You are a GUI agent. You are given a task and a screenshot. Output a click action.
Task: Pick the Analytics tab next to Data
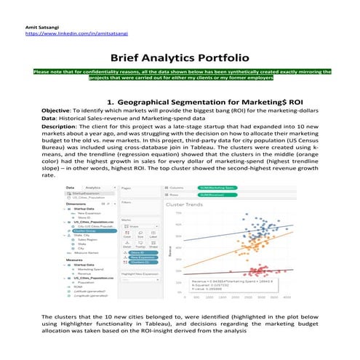tap(94, 188)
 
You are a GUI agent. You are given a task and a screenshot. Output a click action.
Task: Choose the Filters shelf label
tap(126, 202)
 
